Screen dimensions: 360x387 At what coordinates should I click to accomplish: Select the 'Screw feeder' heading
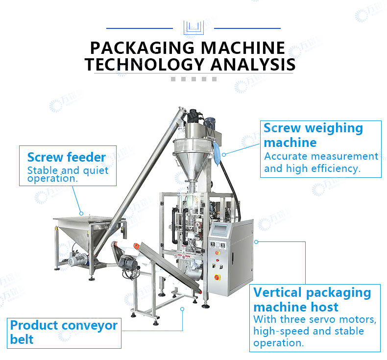pyautogui.click(x=67, y=157)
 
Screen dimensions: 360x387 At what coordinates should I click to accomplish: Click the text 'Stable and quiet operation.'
pyautogui.click(x=68, y=175)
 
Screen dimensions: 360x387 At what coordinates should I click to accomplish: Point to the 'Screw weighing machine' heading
pyautogui.click(x=314, y=135)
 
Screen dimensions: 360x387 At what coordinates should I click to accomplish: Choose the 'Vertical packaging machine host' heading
pyautogui.click(x=312, y=300)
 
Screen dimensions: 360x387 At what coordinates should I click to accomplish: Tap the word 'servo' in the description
pyautogui.click(x=322, y=320)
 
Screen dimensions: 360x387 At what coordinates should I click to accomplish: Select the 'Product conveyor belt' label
pyautogui.click(x=64, y=332)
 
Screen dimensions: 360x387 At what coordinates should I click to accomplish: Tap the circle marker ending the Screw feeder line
pyautogui.click(x=81, y=214)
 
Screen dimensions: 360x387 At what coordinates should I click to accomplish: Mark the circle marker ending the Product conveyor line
pyautogui.click(x=182, y=309)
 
